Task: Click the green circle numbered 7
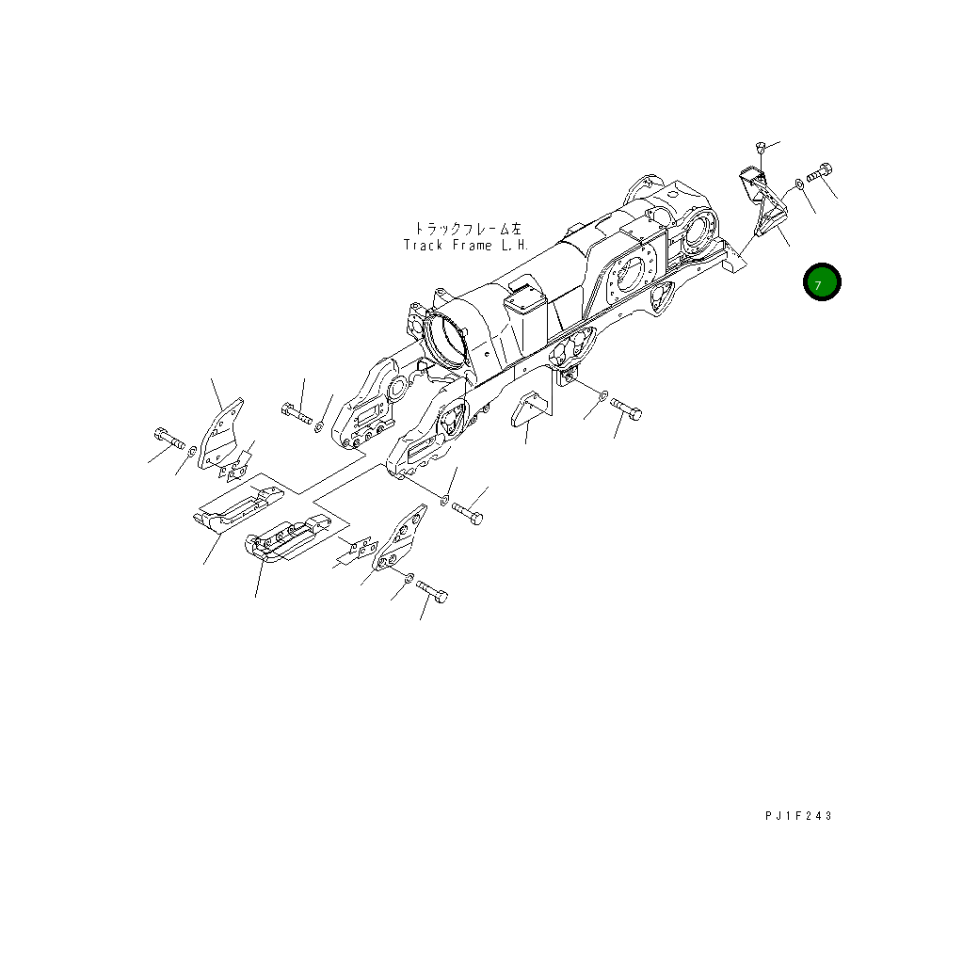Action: (x=822, y=282)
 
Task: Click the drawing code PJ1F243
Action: (x=798, y=816)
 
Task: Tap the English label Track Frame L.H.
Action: (x=466, y=246)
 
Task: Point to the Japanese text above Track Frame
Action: (x=466, y=229)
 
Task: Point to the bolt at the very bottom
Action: (x=432, y=590)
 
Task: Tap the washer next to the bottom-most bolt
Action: (x=409, y=576)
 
